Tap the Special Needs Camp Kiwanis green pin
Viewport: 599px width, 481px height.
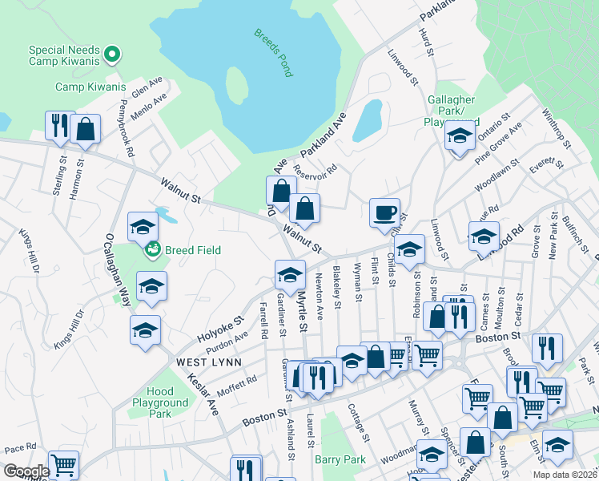click(113, 55)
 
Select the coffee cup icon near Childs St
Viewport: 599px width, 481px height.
click(384, 212)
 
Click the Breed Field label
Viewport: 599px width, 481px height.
click(192, 250)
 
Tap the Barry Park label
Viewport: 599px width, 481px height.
click(340, 459)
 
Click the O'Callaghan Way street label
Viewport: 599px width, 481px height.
click(114, 269)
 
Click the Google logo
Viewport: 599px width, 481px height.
click(25, 471)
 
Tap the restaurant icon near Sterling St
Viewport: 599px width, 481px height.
click(60, 125)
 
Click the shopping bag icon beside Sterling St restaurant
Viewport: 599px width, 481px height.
click(85, 129)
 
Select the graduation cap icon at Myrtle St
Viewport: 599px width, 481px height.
click(290, 275)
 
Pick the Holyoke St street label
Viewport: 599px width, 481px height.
click(219, 330)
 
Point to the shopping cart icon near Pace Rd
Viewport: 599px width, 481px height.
click(63, 464)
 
